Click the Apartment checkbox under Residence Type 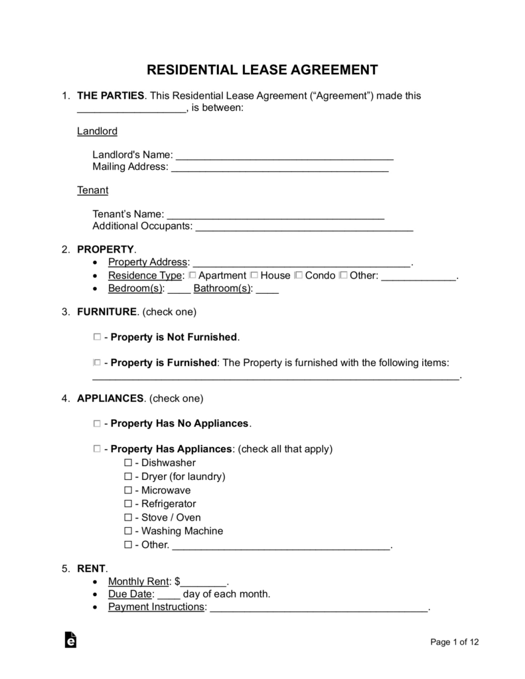click(x=192, y=275)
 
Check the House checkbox click(x=254, y=275)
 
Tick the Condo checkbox click(x=298, y=275)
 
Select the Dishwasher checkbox click(x=128, y=462)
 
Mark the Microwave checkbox click(x=128, y=490)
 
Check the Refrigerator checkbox click(x=128, y=504)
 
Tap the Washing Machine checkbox click(x=128, y=531)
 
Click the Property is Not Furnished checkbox click(x=98, y=337)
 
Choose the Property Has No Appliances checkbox click(x=98, y=422)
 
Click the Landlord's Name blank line click(x=285, y=157)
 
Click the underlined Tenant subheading click(x=93, y=190)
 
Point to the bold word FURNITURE click(x=107, y=311)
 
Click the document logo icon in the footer click(x=70, y=640)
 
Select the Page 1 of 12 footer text click(x=455, y=642)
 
